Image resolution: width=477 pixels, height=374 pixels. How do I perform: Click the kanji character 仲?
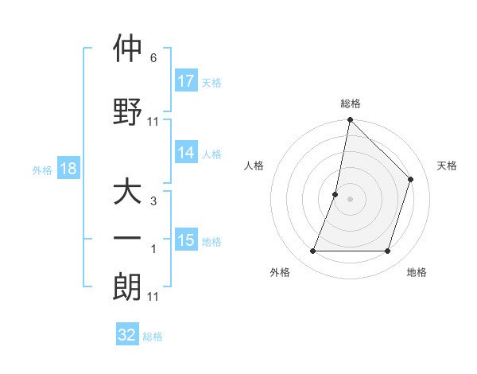(x=127, y=49)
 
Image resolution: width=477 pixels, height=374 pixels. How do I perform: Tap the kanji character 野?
(x=127, y=112)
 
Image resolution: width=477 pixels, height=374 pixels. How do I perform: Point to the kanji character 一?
(x=127, y=238)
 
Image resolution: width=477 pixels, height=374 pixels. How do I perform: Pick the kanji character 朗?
(x=127, y=286)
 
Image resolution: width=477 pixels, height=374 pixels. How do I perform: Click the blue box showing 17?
(x=186, y=81)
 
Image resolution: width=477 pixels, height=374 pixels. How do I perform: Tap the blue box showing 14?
(x=186, y=153)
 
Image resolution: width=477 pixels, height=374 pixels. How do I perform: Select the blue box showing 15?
(x=186, y=240)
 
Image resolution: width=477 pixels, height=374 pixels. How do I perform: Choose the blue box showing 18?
(x=68, y=169)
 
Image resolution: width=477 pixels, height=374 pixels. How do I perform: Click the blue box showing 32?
(x=127, y=335)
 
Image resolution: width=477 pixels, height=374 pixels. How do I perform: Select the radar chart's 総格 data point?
(x=350, y=120)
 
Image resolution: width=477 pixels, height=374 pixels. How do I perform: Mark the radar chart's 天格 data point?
(x=411, y=179)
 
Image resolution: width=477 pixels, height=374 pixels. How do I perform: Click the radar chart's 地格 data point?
(x=388, y=251)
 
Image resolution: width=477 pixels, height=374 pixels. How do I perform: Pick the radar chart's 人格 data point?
(x=335, y=194)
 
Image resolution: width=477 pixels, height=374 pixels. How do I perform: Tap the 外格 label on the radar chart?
(x=280, y=272)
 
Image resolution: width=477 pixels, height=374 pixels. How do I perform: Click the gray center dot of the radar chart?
(x=350, y=199)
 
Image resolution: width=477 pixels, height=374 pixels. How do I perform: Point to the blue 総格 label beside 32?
(x=153, y=337)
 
